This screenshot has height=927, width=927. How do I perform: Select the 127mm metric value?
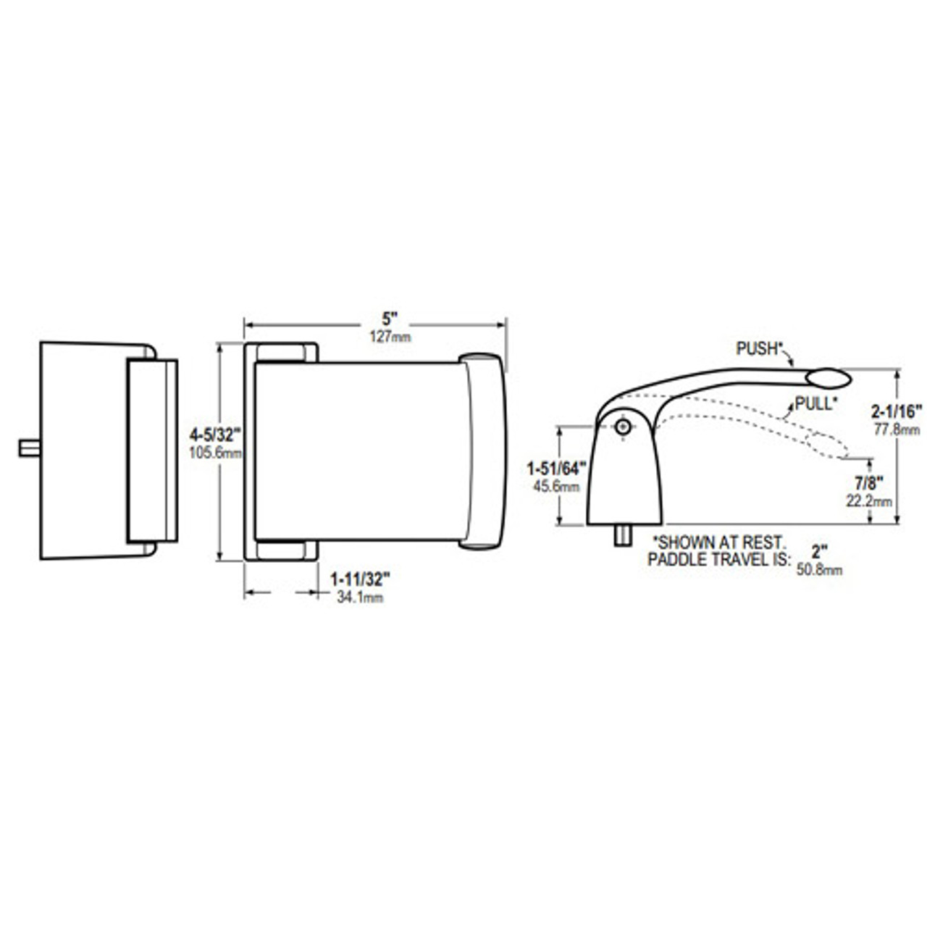pyautogui.click(x=390, y=336)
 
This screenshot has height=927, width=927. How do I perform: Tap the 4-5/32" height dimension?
pyautogui.click(x=214, y=435)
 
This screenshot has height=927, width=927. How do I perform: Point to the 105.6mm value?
pyautogui.click(x=215, y=453)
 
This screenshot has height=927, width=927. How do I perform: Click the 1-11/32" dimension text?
pyautogui.click(x=360, y=579)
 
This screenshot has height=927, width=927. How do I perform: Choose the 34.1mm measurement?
pyautogui.click(x=360, y=597)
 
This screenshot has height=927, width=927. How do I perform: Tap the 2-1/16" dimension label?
pyautogui.click(x=897, y=412)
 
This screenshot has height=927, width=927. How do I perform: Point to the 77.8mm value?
pyautogui.click(x=897, y=429)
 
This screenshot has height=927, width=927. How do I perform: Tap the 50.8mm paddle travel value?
pyautogui.click(x=819, y=571)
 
